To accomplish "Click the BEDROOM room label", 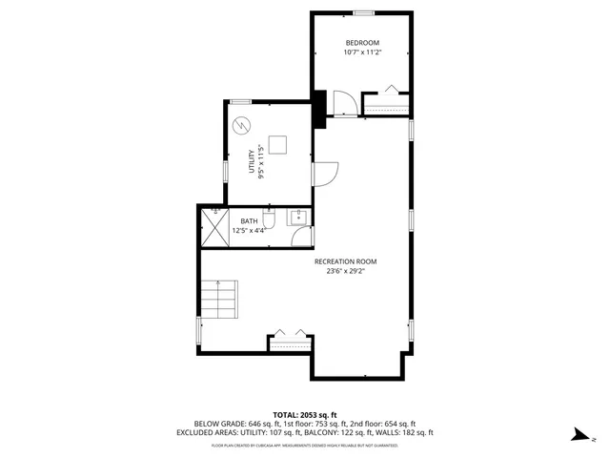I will (362, 43).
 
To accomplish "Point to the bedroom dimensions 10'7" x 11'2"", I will (362, 52).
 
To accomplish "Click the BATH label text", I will (249, 221).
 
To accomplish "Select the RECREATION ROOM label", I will (346, 261).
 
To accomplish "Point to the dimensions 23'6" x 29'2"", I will (346, 271).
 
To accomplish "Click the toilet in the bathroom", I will (270, 221).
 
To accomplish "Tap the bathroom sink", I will (298, 217).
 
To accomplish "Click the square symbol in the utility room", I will (277, 144).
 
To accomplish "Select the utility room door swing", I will (326, 173).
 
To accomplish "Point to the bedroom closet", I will (386, 103).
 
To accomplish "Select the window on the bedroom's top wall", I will (362, 13).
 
